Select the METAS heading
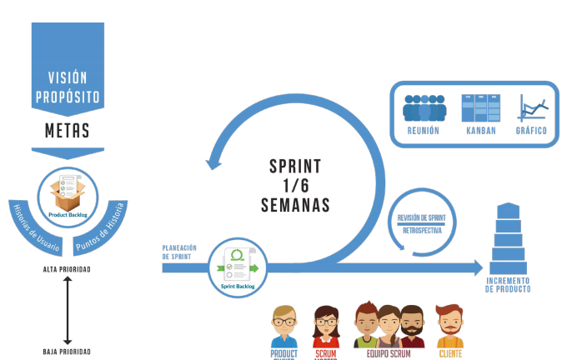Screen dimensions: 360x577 pos(68,131)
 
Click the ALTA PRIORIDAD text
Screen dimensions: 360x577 pos(68,270)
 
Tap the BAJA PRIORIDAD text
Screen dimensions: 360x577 pos(68,352)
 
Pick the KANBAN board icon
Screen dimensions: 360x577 pos(481,109)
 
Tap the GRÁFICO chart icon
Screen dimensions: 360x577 pos(531,109)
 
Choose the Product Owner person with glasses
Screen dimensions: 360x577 pos(285,326)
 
